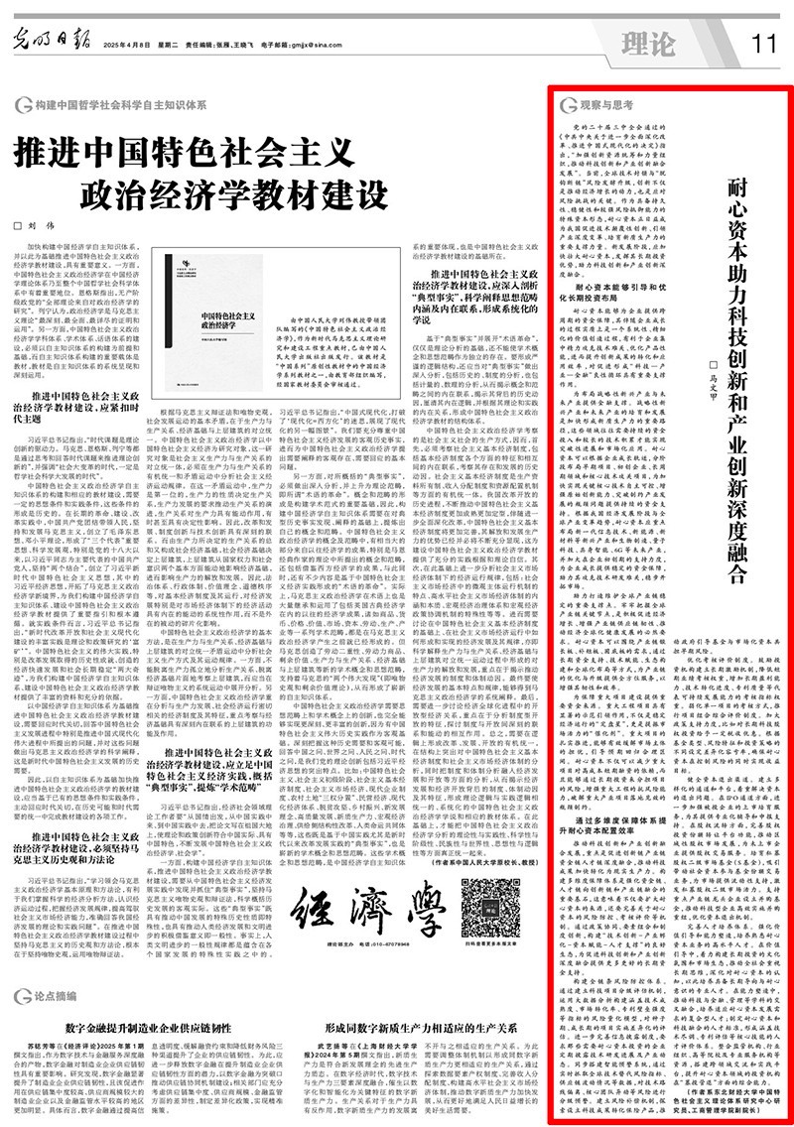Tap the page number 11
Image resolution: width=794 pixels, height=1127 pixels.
click(x=761, y=44)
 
